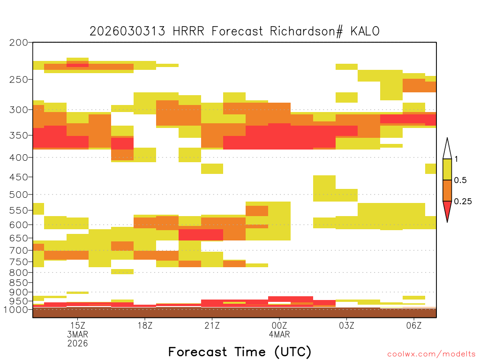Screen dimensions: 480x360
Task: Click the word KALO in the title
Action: pos(365,31)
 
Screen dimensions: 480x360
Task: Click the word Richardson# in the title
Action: pos(306,31)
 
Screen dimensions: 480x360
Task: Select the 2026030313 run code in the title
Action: pos(127,31)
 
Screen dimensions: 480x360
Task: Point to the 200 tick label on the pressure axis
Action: pos(19,43)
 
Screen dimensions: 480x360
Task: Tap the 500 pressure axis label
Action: pos(19,195)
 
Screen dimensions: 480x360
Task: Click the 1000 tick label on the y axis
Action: pos(15,310)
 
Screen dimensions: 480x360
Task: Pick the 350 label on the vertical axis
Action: pos(19,135)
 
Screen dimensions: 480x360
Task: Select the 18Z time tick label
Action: pos(145,325)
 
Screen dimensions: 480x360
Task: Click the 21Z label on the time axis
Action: pos(212,325)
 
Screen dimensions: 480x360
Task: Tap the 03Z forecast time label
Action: pos(346,325)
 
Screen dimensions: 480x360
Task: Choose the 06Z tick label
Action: pos(414,325)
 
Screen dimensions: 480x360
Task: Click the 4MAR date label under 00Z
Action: pos(279,334)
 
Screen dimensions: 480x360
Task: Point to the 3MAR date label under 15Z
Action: pos(78,334)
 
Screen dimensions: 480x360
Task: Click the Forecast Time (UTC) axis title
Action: pos(240,352)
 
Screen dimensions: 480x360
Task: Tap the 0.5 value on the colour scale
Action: pos(460,180)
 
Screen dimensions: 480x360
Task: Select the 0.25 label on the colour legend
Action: pos(463,202)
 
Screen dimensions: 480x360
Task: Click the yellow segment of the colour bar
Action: pos(447,169)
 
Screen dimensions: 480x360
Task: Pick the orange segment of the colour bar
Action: pos(447,190)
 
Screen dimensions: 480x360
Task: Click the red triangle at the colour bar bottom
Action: pos(447,209)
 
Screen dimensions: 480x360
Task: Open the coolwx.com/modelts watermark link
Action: pos(431,354)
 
